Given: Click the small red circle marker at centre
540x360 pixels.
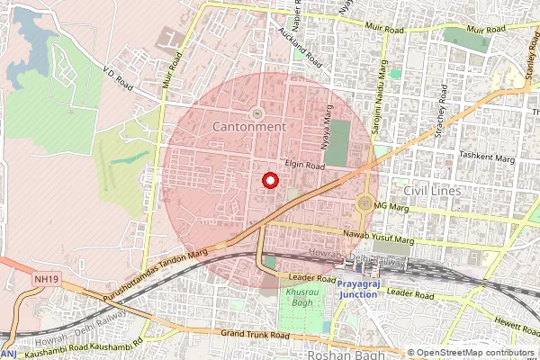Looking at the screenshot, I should point(268,180).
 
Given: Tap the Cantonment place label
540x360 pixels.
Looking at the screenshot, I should point(249,128).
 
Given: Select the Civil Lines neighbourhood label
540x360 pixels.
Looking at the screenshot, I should point(432,191).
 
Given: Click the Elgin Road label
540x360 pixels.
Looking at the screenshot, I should point(304,166).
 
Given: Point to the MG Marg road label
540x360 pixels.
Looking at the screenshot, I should point(391,208).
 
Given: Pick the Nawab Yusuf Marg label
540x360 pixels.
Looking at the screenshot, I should point(379,238).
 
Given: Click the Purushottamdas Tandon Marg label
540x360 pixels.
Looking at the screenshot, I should point(175,264).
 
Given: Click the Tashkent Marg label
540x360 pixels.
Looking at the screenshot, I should point(485,155).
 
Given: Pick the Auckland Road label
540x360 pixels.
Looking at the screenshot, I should point(301,49).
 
